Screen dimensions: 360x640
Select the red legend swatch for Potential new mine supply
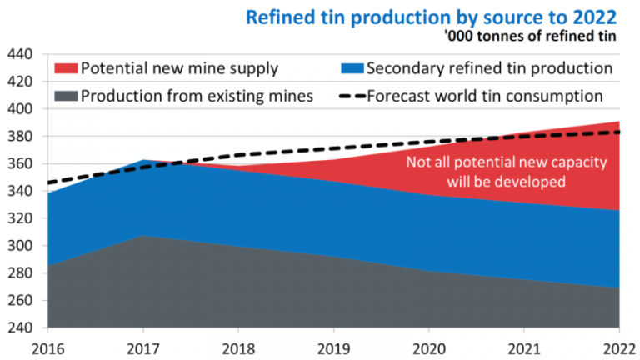point(65,67)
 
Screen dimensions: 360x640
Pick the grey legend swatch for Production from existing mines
point(65,96)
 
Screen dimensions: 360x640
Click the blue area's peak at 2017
point(143,161)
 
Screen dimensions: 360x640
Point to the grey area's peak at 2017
point(143,237)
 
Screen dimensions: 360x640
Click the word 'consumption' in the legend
point(554,96)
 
